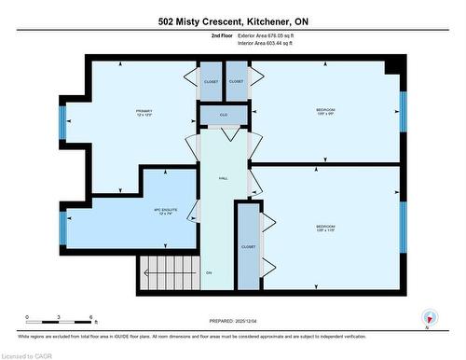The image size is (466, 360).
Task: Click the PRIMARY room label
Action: [143, 113]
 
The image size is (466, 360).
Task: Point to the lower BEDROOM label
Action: [325, 229]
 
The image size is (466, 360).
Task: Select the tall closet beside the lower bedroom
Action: [247, 246]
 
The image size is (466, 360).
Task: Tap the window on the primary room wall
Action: [62, 122]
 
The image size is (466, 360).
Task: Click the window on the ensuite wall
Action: [62, 227]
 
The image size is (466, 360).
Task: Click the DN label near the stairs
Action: [210, 272]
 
